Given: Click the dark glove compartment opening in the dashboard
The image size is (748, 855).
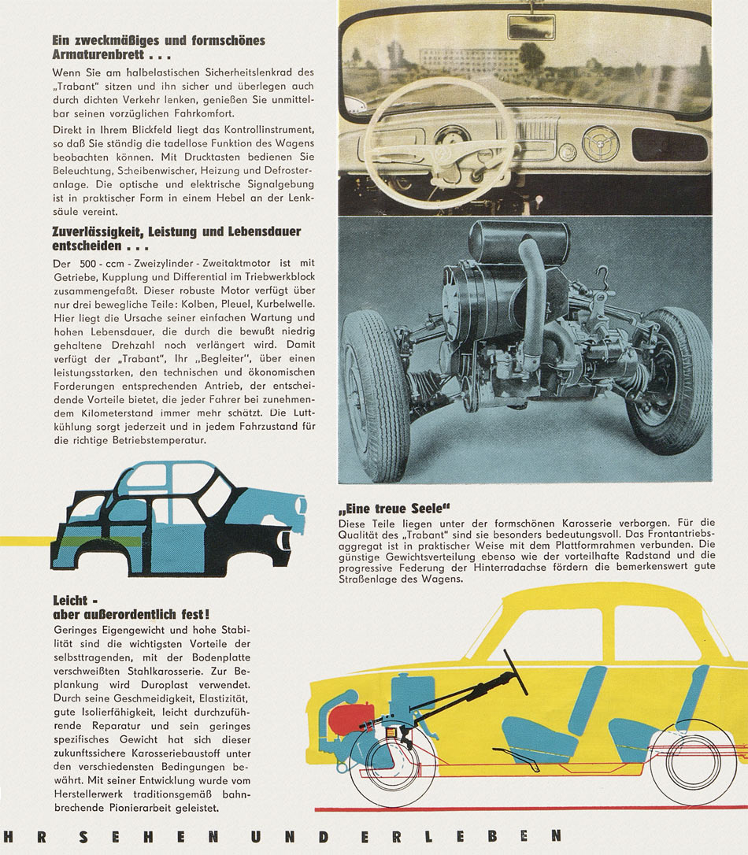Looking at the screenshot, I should [x=669, y=146].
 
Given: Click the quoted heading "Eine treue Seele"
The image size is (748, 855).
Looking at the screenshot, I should [x=399, y=508].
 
